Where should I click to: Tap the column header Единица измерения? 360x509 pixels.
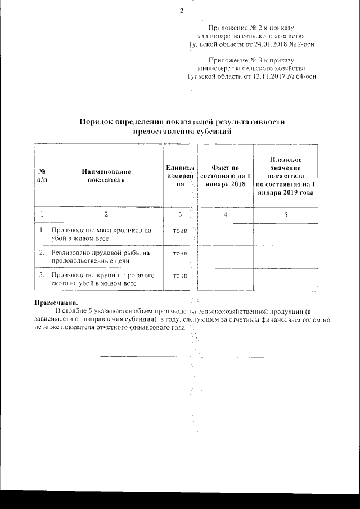tap(180, 175)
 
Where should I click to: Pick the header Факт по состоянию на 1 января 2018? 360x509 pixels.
tap(226, 175)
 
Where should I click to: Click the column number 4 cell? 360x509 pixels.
tap(226, 215)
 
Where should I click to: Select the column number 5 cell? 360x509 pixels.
tap(286, 215)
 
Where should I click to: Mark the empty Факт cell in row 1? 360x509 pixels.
tap(226, 235)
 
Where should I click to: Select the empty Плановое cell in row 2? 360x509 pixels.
tap(286, 256)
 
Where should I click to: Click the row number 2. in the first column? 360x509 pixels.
tap(42, 253)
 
